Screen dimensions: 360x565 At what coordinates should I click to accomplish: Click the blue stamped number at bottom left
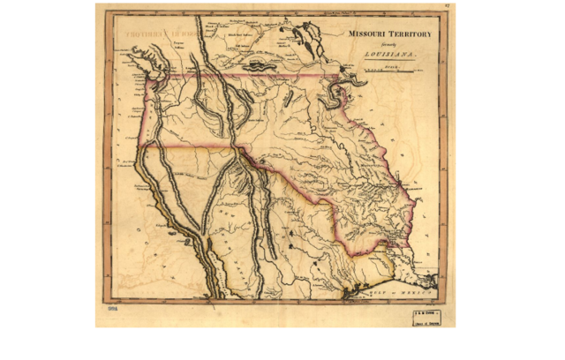coord(112,311)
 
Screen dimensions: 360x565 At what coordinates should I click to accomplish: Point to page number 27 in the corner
coord(448,7)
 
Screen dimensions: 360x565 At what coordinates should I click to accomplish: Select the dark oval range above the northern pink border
coord(256,65)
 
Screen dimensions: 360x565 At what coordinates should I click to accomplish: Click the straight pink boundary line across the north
coord(238,76)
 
